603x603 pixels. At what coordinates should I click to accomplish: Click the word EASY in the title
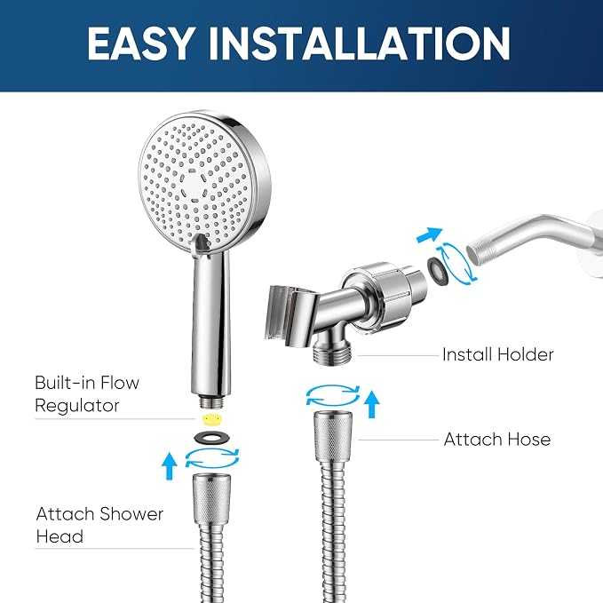(140, 44)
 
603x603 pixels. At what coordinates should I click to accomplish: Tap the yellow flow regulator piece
(210, 419)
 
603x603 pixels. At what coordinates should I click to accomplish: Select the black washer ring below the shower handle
(212, 437)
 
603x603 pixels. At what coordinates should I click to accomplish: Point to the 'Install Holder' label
(497, 354)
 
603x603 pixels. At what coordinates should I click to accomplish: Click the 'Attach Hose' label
(496, 440)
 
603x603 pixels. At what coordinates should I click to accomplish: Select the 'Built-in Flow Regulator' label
(87, 394)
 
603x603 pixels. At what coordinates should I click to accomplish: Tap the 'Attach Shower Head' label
(99, 525)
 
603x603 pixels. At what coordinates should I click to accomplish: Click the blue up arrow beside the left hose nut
(170, 466)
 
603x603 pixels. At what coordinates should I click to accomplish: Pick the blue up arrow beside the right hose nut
(371, 404)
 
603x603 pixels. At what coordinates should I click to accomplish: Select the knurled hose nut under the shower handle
(212, 499)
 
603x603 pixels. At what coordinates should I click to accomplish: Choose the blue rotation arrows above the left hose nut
(212, 457)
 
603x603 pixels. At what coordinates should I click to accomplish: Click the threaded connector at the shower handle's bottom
(210, 403)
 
